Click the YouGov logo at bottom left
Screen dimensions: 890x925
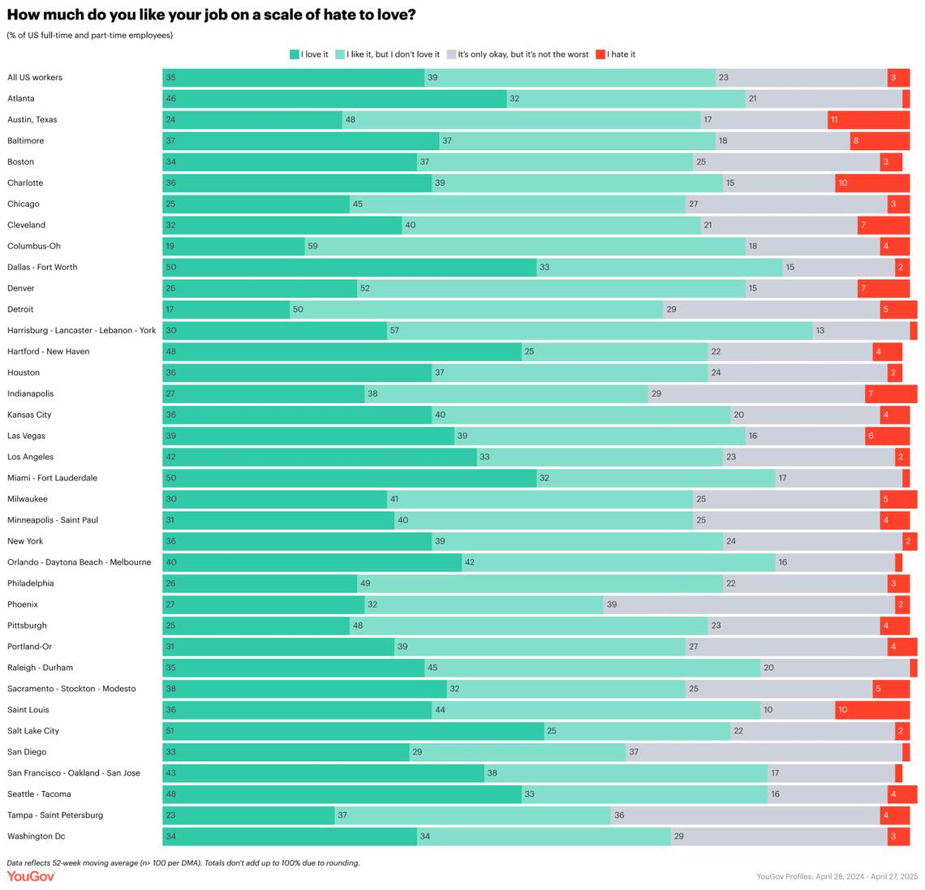31,876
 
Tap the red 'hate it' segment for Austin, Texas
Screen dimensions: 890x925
868,120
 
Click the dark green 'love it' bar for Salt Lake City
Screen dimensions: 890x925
353,731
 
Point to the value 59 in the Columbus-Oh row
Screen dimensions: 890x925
312,247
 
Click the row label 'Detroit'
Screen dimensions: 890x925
20,309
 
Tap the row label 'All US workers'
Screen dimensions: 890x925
35,78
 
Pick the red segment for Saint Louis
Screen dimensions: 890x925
872,710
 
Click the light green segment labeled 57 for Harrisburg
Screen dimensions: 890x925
600,330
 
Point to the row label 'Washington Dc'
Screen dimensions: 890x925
36,836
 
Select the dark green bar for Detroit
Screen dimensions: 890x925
226,309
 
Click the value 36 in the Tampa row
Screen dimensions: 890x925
619,815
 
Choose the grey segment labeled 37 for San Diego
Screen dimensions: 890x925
764,752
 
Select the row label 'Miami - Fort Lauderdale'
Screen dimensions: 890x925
52,478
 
